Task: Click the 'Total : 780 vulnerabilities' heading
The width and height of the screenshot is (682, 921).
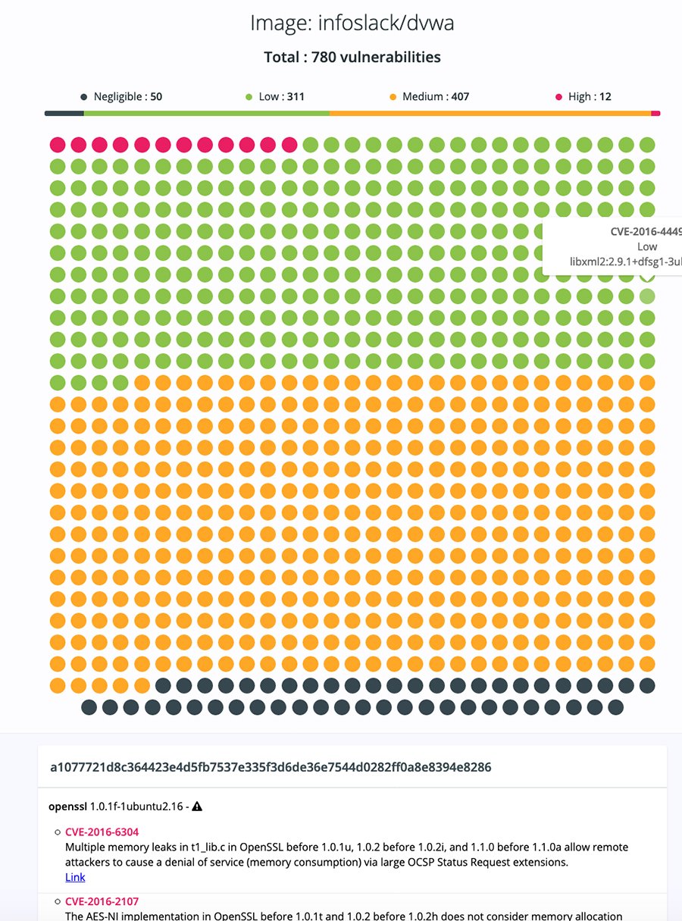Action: click(x=352, y=57)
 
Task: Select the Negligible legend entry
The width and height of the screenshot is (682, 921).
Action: click(x=121, y=97)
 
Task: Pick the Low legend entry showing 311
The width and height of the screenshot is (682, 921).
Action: click(x=276, y=97)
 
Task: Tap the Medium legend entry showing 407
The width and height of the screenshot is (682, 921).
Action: click(x=429, y=97)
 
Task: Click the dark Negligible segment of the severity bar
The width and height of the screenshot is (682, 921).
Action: click(x=64, y=114)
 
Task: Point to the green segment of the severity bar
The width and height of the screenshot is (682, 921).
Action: click(x=206, y=114)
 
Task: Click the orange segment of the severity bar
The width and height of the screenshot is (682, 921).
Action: click(x=490, y=114)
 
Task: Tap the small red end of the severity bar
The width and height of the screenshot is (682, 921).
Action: click(x=655, y=114)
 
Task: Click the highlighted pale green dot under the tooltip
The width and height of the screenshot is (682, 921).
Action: click(x=646, y=296)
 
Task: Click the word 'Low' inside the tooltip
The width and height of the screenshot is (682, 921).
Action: click(x=647, y=246)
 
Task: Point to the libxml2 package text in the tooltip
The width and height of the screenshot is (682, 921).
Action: click(x=626, y=262)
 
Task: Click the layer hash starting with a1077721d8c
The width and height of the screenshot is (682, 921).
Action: click(x=271, y=768)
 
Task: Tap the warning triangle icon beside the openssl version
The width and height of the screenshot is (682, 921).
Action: click(x=197, y=807)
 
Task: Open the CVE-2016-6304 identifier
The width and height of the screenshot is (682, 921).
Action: click(x=102, y=832)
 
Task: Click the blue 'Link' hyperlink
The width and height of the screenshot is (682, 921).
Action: click(x=75, y=877)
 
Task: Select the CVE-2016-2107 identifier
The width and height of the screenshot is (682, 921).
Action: click(x=102, y=901)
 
